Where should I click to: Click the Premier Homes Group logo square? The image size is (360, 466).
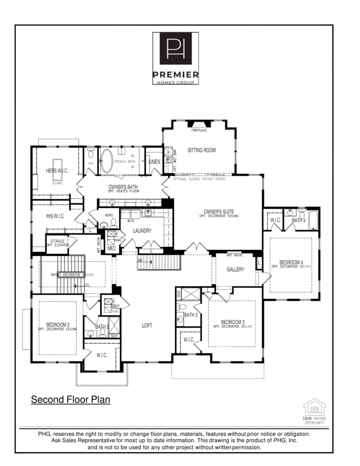click(x=176, y=48)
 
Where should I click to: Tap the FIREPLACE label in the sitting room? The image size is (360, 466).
click(x=199, y=130)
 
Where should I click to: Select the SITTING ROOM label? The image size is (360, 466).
click(x=202, y=150)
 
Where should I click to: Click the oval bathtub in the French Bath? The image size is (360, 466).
click(x=107, y=161)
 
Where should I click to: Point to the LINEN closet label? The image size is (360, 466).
click(x=154, y=162)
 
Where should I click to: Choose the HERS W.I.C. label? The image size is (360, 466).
click(x=57, y=171)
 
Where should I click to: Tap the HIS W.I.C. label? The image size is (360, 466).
click(x=55, y=216)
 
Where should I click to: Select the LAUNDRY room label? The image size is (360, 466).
click(x=142, y=231)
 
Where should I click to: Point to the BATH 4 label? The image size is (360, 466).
click(x=299, y=220)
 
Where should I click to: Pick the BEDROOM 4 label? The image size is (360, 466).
click(x=291, y=262)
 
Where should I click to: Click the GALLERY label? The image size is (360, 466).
click(x=235, y=270)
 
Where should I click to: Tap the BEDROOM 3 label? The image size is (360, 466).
click(x=233, y=322)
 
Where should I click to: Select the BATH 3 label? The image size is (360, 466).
click(x=190, y=315)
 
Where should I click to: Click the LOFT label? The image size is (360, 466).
click(x=147, y=325)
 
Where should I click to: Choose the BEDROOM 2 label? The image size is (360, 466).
click(x=58, y=324)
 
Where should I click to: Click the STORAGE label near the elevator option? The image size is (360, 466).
click(x=57, y=241)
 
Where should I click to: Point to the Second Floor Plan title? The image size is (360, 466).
click(x=70, y=400)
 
